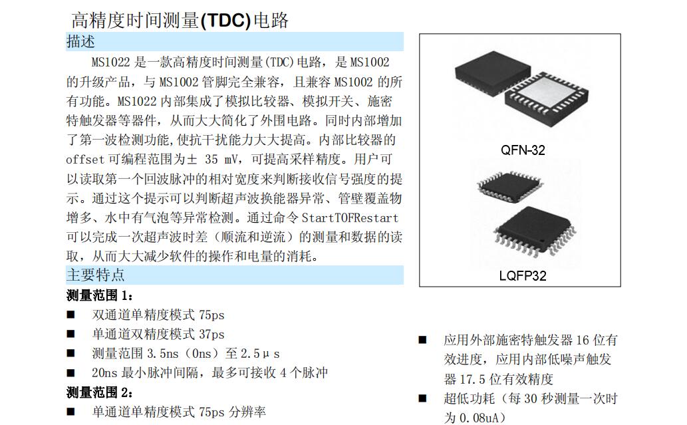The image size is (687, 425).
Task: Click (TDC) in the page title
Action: tap(225, 21)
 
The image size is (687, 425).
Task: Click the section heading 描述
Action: tap(80, 42)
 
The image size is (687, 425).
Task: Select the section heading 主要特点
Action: tap(96, 275)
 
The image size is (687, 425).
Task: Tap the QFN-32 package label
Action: tap(523, 150)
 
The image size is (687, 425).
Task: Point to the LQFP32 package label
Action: tap(523, 275)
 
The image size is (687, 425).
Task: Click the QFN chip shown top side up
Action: tap(492, 72)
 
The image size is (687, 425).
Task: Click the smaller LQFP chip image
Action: tap(510, 187)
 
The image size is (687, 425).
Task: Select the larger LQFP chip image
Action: tap(535, 231)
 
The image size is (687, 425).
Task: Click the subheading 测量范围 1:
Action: tap(100, 296)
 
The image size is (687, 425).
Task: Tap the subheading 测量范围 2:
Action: tap(100, 392)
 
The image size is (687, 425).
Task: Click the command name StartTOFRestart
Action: tap(350, 217)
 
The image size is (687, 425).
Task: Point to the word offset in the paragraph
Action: tap(85, 160)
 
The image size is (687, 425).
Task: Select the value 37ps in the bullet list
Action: tap(211, 335)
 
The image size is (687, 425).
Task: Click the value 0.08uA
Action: tap(480, 418)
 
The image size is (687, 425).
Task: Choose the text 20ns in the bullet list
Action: tap(104, 373)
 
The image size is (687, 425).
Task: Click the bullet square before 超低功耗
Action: tap(422, 398)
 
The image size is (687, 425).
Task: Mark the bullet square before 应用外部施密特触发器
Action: tap(422, 340)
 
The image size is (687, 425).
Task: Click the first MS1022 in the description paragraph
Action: tap(111, 63)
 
